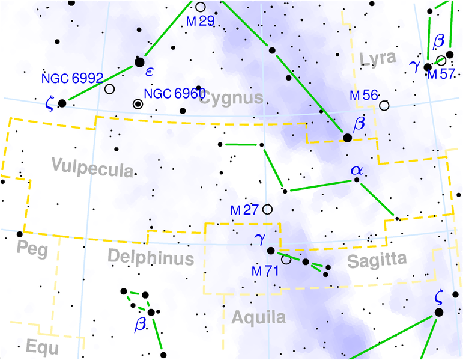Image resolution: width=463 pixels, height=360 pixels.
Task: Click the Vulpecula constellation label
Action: [92, 168]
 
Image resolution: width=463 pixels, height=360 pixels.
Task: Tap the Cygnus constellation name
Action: [231, 98]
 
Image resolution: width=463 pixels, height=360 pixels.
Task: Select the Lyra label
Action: [378, 58]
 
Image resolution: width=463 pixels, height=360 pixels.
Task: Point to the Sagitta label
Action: [377, 260]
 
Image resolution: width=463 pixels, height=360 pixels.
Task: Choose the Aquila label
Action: [258, 317]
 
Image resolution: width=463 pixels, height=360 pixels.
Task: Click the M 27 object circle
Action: [267, 209]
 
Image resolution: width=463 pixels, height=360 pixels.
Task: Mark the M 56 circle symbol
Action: [384, 105]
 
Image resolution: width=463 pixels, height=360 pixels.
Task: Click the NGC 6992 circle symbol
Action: [109, 89]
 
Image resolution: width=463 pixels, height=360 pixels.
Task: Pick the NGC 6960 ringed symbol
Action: [138, 104]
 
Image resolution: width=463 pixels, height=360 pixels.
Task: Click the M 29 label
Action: [199, 21]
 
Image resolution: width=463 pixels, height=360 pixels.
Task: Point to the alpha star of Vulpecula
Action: [357, 179]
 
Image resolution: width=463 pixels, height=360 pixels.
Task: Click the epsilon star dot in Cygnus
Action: [140, 61]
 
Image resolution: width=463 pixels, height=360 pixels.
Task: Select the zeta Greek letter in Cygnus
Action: [49, 103]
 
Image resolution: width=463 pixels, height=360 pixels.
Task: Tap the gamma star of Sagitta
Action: [270, 251]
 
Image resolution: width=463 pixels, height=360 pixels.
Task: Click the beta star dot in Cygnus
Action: [347, 138]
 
